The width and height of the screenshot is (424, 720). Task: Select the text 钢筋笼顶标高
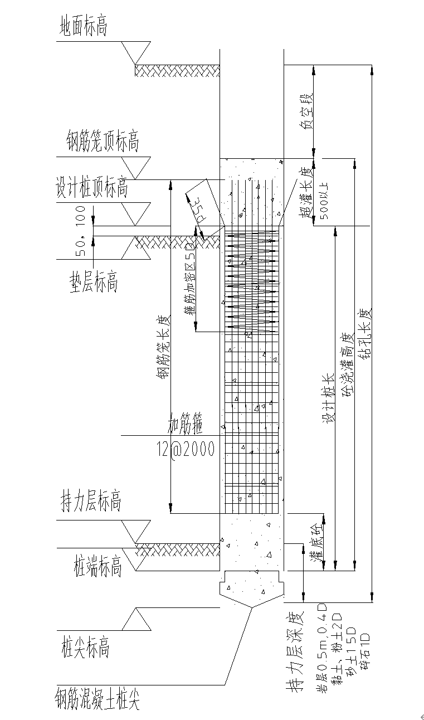[x=102, y=142]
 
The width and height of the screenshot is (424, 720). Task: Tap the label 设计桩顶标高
[x=91, y=187]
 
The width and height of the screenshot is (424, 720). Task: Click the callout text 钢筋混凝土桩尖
[x=97, y=698]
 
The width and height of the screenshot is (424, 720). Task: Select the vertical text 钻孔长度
[x=365, y=334]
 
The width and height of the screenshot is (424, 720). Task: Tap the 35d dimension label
[x=194, y=211]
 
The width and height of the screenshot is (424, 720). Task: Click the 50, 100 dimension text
[x=81, y=231]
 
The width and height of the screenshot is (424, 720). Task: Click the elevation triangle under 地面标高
[x=136, y=52]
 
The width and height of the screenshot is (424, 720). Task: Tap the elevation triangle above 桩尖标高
[x=136, y=619]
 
